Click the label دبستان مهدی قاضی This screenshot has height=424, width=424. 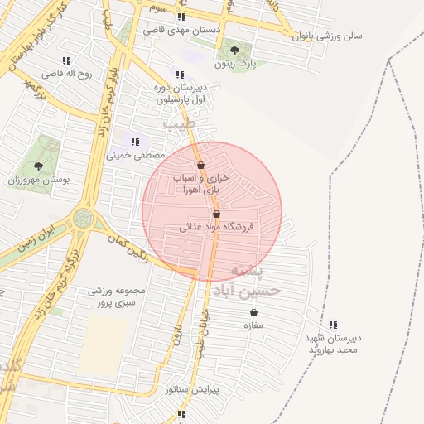pyautogui.click(x=181, y=30)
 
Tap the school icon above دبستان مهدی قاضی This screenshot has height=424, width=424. pyautogui.click(x=181, y=16)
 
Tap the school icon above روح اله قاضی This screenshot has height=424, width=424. pyautogui.click(x=66, y=60)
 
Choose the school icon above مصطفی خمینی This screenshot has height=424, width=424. pyautogui.click(x=135, y=142)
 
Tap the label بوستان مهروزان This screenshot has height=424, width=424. pyautogui.click(x=39, y=179)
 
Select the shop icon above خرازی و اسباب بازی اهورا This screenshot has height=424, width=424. pyautogui.click(x=200, y=166)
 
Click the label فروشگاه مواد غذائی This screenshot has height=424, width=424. pyautogui.click(x=217, y=226)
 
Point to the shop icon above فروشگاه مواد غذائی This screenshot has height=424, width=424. pyautogui.click(x=216, y=214)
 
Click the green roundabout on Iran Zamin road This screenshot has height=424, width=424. pyautogui.click(x=84, y=219)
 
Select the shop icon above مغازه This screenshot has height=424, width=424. pyautogui.click(x=253, y=312)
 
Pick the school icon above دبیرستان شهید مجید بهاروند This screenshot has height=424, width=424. pyautogui.click(x=333, y=325)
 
